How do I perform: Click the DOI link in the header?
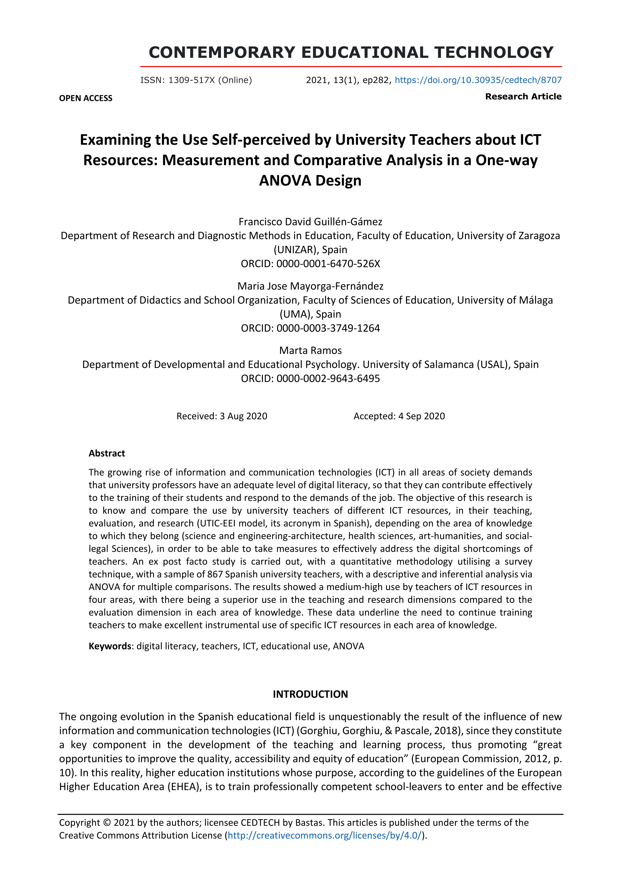coord(478,80)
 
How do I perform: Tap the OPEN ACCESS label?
coord(86,98)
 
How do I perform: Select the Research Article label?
coord(523,96)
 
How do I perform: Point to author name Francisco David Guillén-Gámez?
coord(310,222)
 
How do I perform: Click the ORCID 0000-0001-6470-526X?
coord(328,264)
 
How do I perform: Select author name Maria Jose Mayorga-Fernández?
coord(310,286)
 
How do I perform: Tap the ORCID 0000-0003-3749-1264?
coord(328,328)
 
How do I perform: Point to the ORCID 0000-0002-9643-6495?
coord(328,379)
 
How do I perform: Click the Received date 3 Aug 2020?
coord(243,416)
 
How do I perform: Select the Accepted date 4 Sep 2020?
coord(421,416)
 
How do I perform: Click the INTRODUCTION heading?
coord(310,694)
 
